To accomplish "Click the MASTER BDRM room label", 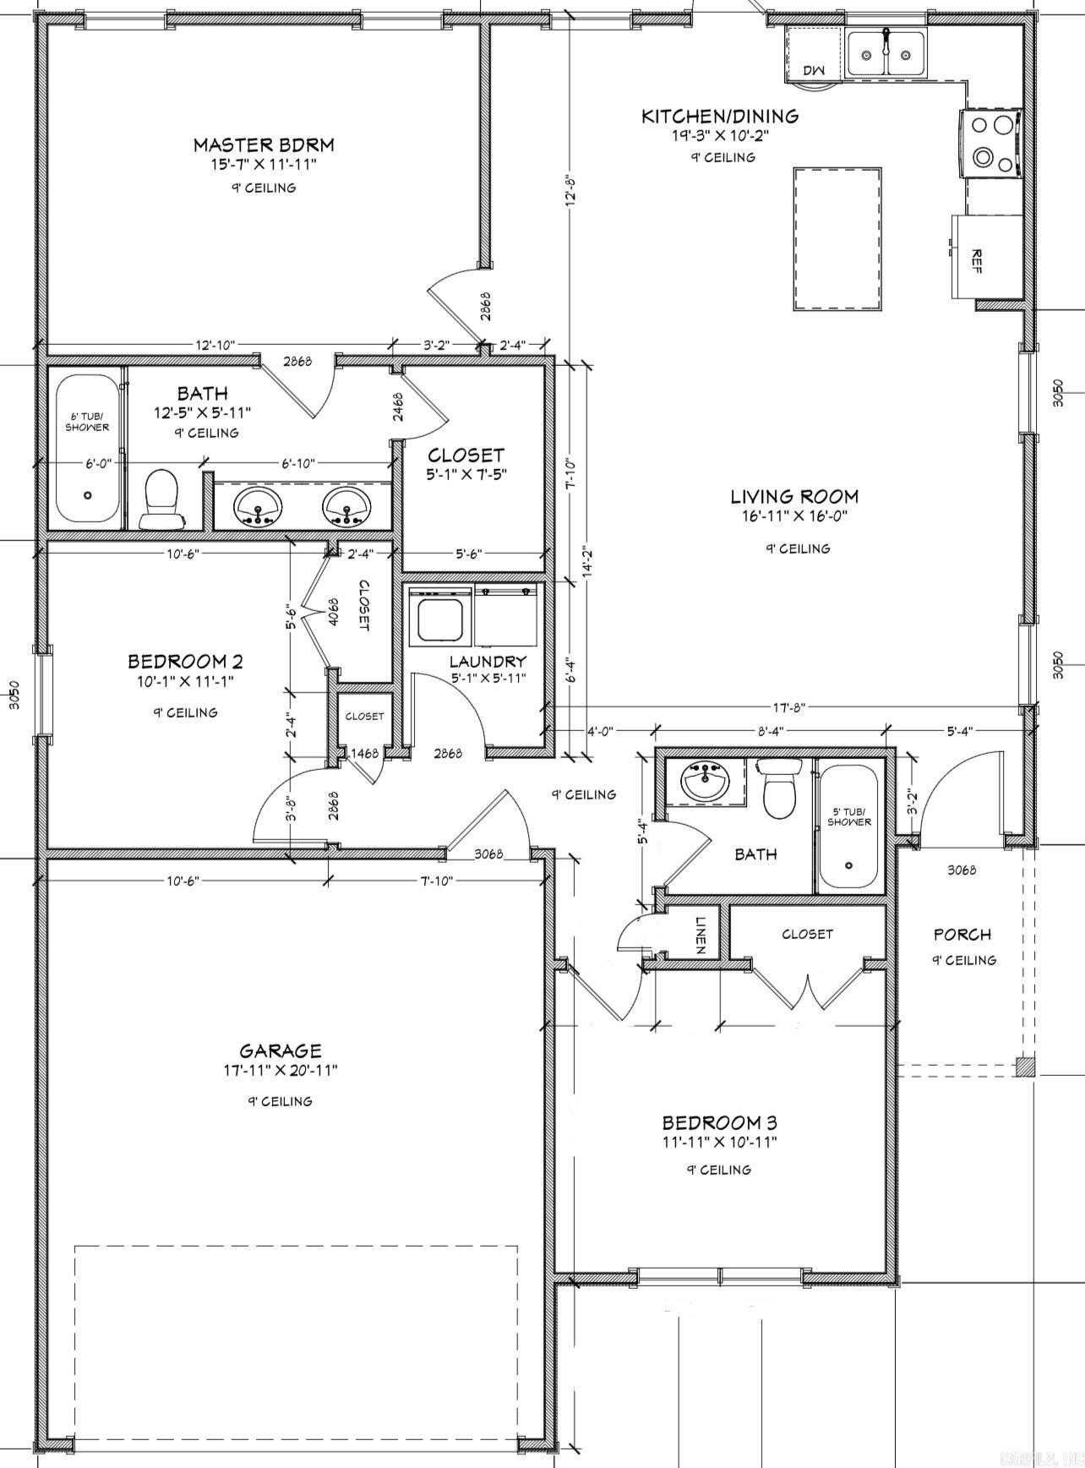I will tap(264, 145).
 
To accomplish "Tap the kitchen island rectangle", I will tap(837, 239).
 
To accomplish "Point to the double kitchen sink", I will tap(886, 54).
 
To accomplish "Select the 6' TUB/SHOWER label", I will tap(87, 422).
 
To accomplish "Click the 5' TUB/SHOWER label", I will tap(848, 816).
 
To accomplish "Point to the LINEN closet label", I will tap(701, 935).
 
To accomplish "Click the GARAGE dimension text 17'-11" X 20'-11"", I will tap(280, 1070).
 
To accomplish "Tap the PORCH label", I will tap(962, 934).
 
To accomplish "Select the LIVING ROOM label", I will tap(793, 496).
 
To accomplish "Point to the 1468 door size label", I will tap(364, 752).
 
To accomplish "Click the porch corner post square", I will tap(1025, 1067).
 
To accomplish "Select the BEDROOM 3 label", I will tap(719, 1122).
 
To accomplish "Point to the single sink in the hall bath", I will tap(705, 783).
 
